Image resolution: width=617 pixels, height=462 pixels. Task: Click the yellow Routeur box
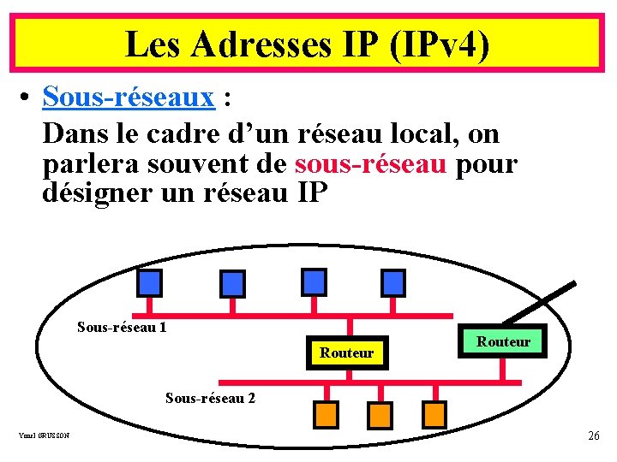[347, 352]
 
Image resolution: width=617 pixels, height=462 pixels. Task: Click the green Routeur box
[503, 341]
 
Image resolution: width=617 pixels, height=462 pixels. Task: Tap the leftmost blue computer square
[149, 281]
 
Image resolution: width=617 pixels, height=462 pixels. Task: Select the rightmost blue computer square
[393, 281]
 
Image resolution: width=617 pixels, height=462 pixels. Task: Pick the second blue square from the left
[232, 282]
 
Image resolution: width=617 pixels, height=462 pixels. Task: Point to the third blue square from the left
[314, 281]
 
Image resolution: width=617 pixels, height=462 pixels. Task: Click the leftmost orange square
[326, 414]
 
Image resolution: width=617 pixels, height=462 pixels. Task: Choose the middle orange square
[379, 414]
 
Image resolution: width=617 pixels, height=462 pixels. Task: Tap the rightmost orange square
[434, 414]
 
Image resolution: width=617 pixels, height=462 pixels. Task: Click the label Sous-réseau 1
[122, 327]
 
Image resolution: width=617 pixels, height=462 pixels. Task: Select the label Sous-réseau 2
[210, 398]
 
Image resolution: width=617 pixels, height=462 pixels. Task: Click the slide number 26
[594, 436]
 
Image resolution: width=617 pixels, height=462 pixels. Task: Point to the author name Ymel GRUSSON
[44, 436]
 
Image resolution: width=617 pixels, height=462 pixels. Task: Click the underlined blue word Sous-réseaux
[128, 98]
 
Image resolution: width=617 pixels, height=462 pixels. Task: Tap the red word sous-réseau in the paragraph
[370, 163]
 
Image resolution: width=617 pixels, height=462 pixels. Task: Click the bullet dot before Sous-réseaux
[27, 99]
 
